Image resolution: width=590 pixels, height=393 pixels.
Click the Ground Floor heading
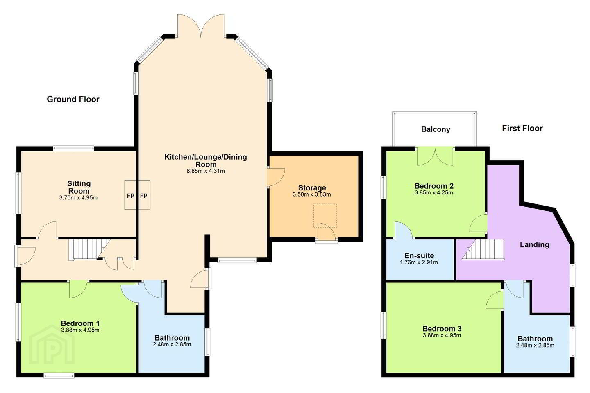pyautogui.click(x=73, y=99)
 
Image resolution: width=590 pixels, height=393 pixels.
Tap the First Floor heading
pyautogui.click(x=522, y=128)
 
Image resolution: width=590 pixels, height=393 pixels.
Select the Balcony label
pyautogui.click(x=436, y=129)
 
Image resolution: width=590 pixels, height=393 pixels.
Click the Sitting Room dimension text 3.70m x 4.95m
pyautogui.click(x=79, y=197)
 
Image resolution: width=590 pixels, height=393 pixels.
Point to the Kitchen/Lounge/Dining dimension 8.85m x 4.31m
pyautogui.click(x=206, y=171)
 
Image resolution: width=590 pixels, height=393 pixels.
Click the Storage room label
pyautogui.click(x=312, y=187)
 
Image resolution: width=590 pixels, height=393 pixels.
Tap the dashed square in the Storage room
pyautogui.click(x=325, y=215)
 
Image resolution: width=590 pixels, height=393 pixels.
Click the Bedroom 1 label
pyautogui.click(x=80, y=323)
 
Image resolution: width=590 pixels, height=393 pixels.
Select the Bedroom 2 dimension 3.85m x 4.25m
pyautogui.click(x=434, y=193)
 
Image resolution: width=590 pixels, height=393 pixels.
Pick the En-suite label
pyautogui.click(x=419, y=255)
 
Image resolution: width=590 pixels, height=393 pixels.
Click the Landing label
pyautogui.click(x=534, y=245)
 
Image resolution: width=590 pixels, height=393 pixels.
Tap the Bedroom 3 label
pyautogui.click(x=442, y=328)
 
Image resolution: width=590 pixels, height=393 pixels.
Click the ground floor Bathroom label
pyautogui.click(x=172, y=338)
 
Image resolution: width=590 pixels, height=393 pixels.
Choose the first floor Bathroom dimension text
pyautogui.click(x=535, y=346)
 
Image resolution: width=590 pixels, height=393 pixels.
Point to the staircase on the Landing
pyautogui.click(x=483, y=250)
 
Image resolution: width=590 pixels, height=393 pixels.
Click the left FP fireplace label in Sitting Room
pyautogui.click(x=131, y=196)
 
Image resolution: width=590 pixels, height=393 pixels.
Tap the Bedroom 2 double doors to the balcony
pyautogui.click(x=435, y=157)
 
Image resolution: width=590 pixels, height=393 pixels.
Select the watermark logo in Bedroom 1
pyautogui.click(x=52, y=344)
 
